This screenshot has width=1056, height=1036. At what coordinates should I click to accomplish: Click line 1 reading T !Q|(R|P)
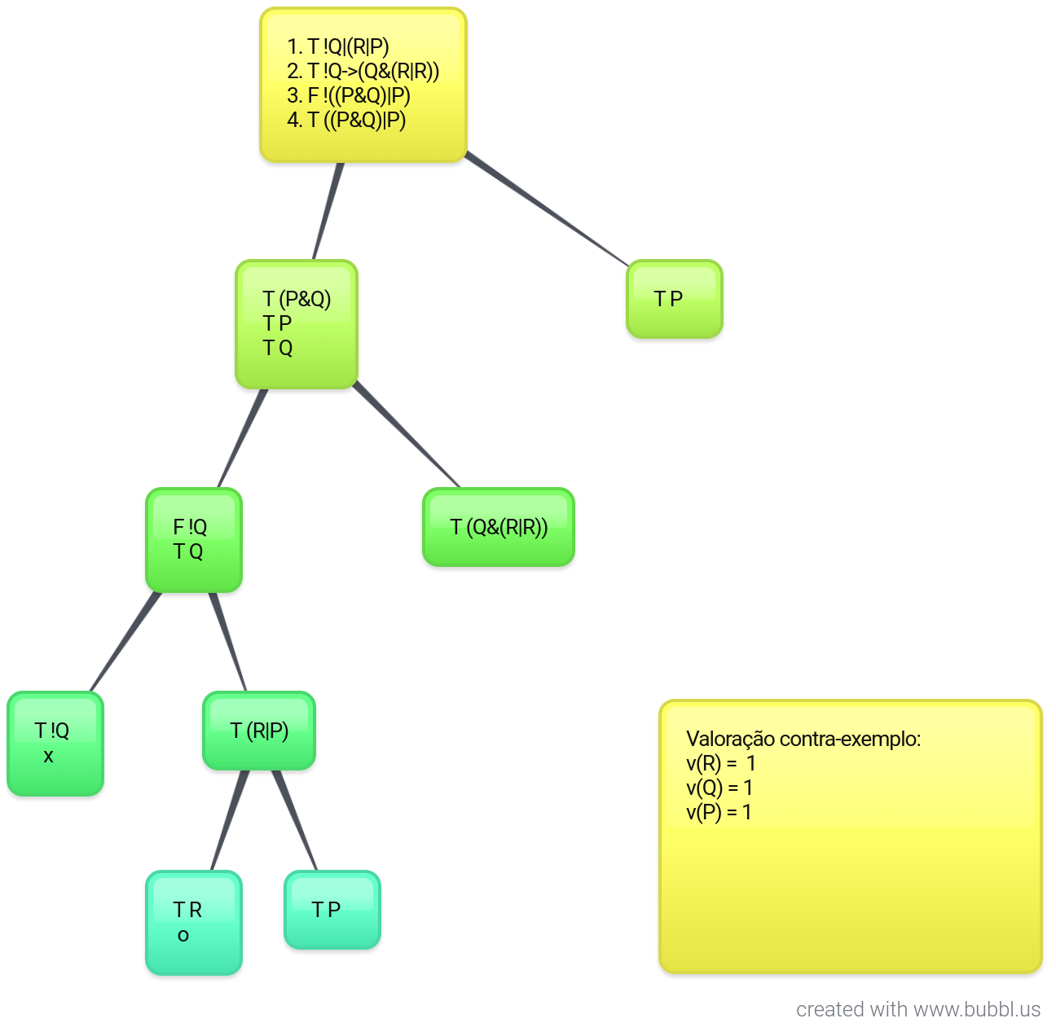338,47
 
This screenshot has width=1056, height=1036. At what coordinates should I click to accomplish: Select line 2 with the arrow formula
363,72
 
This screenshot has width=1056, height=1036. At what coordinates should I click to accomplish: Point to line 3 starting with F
348,96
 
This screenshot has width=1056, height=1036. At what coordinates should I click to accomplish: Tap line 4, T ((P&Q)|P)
346,121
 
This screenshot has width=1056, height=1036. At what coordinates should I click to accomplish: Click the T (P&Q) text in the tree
297,299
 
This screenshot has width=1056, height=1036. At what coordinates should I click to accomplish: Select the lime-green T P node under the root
674,299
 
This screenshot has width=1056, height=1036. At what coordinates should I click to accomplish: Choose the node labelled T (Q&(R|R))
499,527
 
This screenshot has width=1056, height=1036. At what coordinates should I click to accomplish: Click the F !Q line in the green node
190,527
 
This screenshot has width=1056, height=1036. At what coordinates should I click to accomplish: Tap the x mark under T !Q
48,757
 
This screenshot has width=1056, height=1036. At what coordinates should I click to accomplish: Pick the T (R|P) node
259,731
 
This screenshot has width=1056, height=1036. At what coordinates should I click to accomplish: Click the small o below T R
183,936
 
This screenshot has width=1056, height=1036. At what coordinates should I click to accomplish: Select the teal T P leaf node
332,910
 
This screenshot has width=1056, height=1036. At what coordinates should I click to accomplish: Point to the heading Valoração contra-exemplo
803,739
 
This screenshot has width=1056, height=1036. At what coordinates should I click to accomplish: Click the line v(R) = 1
721,763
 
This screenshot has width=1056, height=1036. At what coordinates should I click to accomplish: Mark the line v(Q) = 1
719,788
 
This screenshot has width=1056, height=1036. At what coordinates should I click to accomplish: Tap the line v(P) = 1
719,812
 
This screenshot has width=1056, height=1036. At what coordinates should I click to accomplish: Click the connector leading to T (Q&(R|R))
407,436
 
